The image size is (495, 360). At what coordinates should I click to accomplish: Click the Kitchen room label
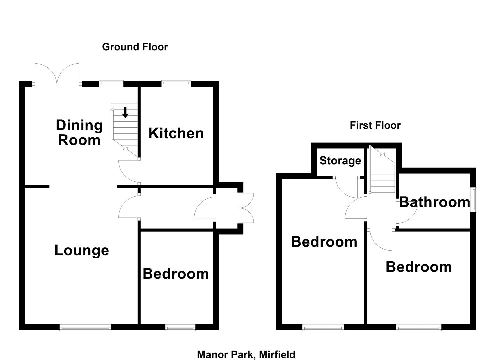176,133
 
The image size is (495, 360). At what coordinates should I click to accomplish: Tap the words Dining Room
79,133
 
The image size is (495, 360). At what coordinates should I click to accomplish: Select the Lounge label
82,250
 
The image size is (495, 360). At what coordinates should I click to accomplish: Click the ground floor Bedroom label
176,274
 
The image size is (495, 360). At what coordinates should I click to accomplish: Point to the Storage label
340,161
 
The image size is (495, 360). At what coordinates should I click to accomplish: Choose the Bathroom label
434,202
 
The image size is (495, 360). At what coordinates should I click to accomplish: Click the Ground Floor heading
135,47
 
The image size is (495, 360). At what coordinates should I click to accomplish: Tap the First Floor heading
375,125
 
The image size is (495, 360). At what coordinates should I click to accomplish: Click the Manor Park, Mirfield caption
246,354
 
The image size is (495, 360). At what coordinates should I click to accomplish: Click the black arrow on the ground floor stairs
125,112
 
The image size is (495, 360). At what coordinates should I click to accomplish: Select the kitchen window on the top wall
176,83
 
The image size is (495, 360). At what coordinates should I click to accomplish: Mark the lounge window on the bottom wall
85,328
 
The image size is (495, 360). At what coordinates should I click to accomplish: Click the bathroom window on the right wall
473,200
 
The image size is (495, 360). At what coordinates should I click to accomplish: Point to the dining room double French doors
57,74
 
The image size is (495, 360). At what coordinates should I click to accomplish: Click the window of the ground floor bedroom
180,328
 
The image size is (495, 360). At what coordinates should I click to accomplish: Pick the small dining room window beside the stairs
111,83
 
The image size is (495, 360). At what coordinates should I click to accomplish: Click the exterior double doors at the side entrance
247,208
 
